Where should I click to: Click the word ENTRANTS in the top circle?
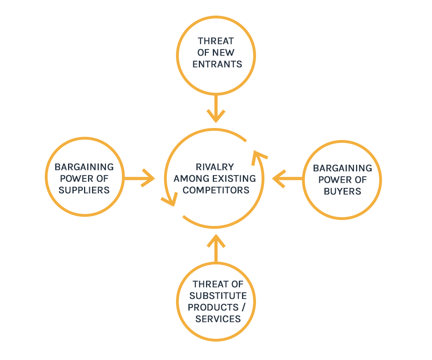(217, 64)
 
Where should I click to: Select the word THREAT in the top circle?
(216, 41)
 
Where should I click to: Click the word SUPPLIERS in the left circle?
(84, 190)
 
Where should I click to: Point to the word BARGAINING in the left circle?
(84, 167)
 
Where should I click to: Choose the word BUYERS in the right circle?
(342, 191)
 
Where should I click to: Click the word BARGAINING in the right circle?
(342, 168)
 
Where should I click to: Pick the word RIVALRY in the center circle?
(215, 167)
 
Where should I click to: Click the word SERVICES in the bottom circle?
(218, 319)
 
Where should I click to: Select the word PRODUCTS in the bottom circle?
(210, 307)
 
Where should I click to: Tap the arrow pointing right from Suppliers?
(140, 178)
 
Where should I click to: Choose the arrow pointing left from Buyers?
(287, 178)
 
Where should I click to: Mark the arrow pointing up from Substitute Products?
(216, 248)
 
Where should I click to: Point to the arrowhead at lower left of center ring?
(170, 200)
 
